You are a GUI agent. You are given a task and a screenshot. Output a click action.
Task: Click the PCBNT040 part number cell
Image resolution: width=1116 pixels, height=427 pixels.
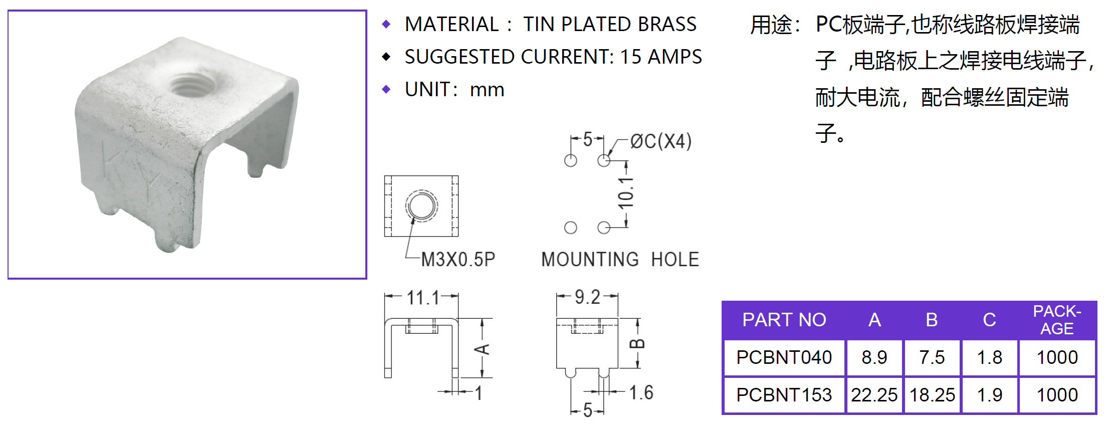pyautogui.click(x=784, y=357)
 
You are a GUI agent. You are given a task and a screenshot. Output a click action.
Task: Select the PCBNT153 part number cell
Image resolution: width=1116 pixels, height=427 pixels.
pyautogui.click(x=784, y=395)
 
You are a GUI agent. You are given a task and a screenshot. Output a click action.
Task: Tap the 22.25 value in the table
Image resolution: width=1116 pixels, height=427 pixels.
pyautogui.click(x=874, y=395)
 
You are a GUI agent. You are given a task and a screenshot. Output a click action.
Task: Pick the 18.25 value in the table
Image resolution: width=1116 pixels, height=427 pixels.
pyautogui.click(x=932, y=395)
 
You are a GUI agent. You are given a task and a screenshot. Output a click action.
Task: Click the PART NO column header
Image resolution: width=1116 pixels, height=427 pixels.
pyautogui.click(x=784, y=320)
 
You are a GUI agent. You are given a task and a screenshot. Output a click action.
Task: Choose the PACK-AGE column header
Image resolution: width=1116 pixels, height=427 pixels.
pyautogui.click(x=1057, y=320)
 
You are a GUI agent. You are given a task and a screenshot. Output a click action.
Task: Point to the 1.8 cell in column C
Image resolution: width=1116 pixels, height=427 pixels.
pyautogui.click(x=989, y=357)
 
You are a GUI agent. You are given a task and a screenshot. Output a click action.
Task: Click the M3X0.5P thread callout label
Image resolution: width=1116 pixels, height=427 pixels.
pyautogui.click(x=458, y=260)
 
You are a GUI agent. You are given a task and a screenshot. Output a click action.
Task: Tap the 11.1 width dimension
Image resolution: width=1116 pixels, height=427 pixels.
pyautogui.click(x=422, y=298)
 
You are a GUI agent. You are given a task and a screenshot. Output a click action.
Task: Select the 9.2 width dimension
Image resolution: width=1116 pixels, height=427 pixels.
pyautogui.click(x=587, y=297)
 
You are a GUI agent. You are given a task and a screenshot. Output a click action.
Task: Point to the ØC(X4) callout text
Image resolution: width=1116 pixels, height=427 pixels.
pyautogui.click(x=661, y=141)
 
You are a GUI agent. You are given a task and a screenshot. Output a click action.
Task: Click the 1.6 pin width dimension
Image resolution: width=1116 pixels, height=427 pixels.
pyautogui.click(x=641, y=392)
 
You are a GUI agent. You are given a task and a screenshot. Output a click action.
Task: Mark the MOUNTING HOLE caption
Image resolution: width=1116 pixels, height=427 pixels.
pyautogui.click(x=620, y=260)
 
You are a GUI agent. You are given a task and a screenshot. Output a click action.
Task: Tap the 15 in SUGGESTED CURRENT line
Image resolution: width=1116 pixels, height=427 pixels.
pyautogui.click(x=630, y=57)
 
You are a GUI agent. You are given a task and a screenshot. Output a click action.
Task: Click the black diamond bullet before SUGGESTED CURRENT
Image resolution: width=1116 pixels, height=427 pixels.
pyautogui.click(x=386, y=57)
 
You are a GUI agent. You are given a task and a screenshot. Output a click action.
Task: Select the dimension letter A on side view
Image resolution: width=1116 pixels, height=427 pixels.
pyautogui.click(x=483, y=349)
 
